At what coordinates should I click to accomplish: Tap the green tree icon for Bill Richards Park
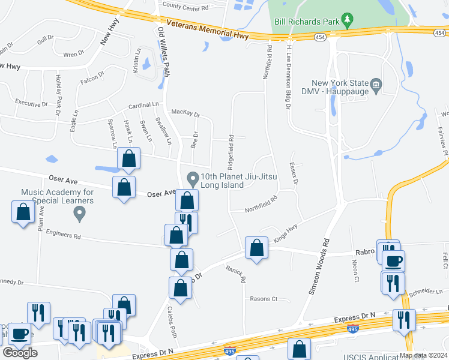click(x=347, y=21)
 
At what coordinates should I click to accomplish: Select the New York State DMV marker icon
click(x=376, y=84)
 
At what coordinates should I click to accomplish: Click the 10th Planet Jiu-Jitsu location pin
click(x=193, y=179)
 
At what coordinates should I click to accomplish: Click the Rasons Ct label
click(x=264, y=298)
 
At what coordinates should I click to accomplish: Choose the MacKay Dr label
click(x=185, y=113)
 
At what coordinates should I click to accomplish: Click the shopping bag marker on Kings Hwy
click(x=257, y=247)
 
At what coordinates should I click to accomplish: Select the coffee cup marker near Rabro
click(x=394, y=261)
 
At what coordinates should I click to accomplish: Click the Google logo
click(x=20, y=352)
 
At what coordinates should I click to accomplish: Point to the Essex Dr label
click(x=294, y=175)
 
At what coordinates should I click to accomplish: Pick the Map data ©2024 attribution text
click(x=423, y=355)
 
